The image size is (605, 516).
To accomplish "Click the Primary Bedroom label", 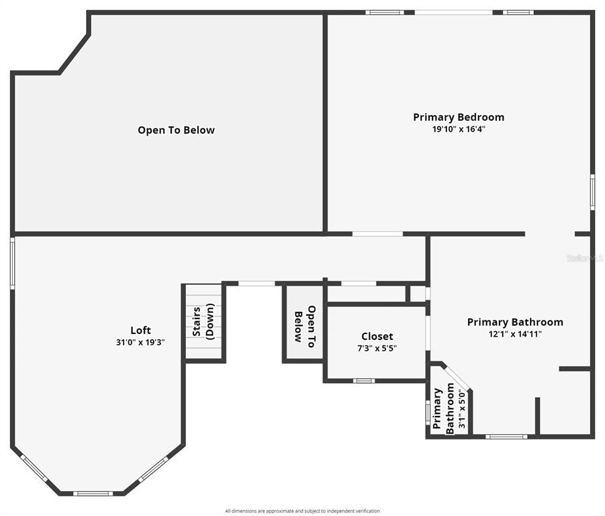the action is click(459, 118).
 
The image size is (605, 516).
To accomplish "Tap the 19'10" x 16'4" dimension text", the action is click(459, 129).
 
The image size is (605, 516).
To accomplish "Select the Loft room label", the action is click(140, 331).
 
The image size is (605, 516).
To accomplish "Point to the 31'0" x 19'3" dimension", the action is click(140, 343).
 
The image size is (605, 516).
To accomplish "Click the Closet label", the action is click(377, 337).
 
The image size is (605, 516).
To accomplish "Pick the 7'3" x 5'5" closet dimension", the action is click(377, 349).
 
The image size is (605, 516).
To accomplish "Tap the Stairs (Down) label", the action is click(203, 321).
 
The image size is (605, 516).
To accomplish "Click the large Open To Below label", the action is click(176, 130).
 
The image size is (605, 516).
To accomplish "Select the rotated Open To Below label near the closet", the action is click(304, 327).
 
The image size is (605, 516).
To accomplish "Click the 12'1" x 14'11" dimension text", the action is click(515, 334).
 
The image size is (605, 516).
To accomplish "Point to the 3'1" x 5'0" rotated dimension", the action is click(462, 408).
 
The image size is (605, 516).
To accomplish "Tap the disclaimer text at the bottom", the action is click(302, 511).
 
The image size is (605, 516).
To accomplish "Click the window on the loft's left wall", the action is click(12, 263).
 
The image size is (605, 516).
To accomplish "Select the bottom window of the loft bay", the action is click(93, 493).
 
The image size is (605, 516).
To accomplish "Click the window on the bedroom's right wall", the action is click(593, 192).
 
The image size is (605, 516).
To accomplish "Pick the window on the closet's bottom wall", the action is click(364, 381).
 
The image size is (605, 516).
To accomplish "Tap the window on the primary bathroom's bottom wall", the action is click(506, 437).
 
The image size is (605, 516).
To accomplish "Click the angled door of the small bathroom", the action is click(456, 378).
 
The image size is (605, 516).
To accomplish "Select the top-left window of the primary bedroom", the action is click(385, 12).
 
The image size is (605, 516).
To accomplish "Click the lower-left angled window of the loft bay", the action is click(34, 468).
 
